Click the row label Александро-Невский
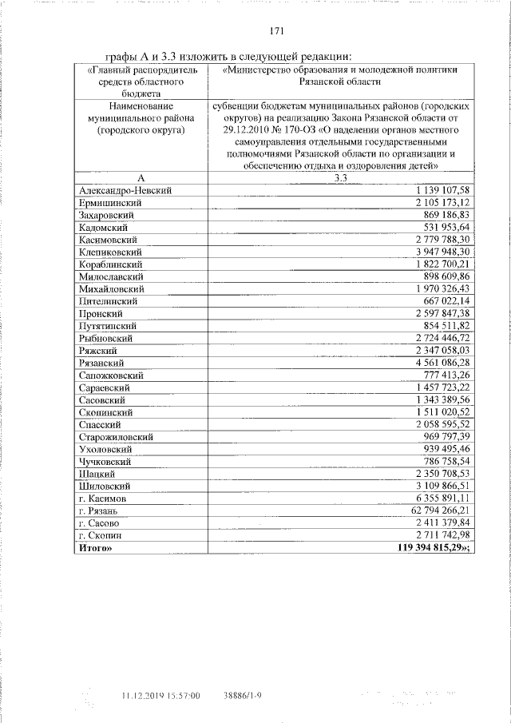point(125,190)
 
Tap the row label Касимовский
point(109,239)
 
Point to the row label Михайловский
point(112,288)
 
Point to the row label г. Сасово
point(101,522)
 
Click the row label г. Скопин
point(101,534)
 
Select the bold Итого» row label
point(97,547)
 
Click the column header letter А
point(141,177)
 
